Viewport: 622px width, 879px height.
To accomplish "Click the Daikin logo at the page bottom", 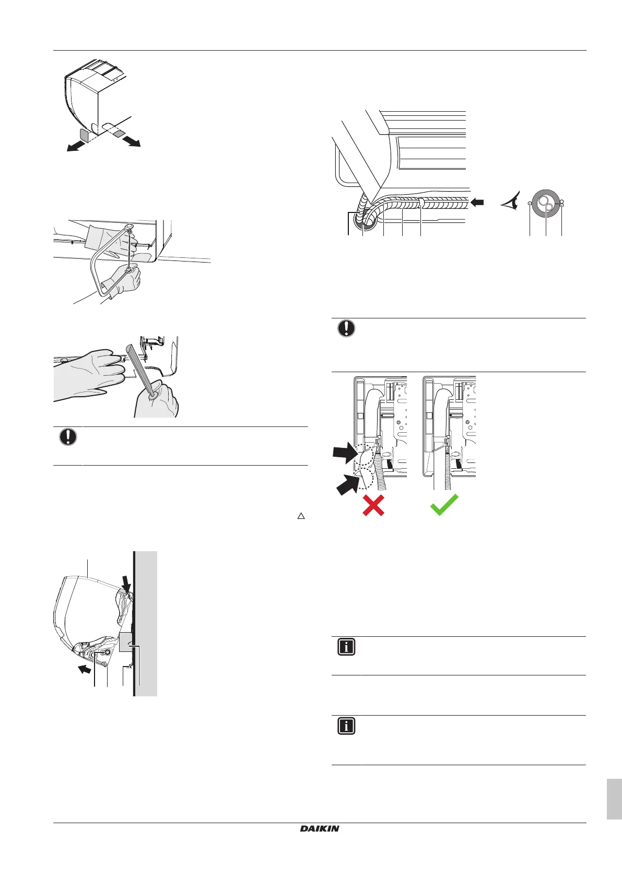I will (320, 828).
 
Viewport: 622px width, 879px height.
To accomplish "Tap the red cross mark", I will (373, 505).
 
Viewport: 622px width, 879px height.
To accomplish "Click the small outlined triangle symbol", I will (301, 516).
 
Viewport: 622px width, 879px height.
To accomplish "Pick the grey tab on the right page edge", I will (614, 799).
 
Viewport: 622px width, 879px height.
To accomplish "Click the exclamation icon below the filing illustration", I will (68, 437).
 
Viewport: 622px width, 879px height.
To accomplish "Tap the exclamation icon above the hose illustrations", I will (346, 328).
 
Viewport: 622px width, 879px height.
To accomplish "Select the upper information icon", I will (346, 647).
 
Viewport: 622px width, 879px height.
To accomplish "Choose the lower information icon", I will (346, 726).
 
